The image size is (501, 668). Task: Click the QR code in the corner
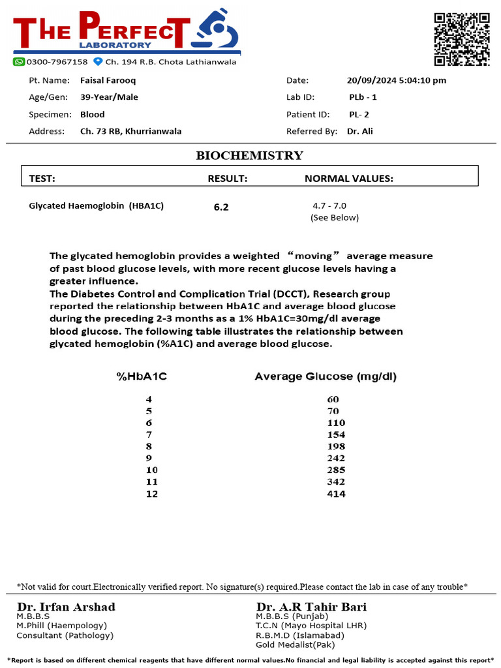pyautogui.click(x=462, y=38)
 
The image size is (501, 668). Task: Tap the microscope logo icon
pyautogui.click(x=218, y=31)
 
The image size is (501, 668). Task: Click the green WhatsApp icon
pyautogui.click(x=19, y=61)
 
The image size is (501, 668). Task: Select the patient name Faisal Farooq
pyautogui.click(x=108, y=80)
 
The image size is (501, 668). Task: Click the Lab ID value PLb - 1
pyautogui.click(x=363, y=97)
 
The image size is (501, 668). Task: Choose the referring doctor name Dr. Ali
pyautogui.click(x=359, y=131)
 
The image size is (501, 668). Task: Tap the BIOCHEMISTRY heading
pyautogui.click(x=249, y=155)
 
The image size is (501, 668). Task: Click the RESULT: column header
pyautogui.click(x=227, y=178)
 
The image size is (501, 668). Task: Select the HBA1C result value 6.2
pyautogui.click(x=221, y=207)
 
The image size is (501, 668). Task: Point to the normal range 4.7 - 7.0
pyautogui.click(x=329, y=205)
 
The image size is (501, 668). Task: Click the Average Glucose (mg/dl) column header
pyautogui.click(x=325, y=376)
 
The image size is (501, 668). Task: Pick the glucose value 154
pyautogui.click(x=336, y=434)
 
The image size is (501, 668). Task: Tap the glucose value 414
pyautogui.click(x=336, y=494)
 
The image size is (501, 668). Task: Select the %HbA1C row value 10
pyautogui.click(x=152, y=470)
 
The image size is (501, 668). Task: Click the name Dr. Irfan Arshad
pyautogui.click(x=66, y=607)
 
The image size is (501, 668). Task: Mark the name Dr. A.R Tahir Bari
pyautogui.click(x=311, y=607)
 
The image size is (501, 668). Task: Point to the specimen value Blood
pyautogui.click(x=92, y=114)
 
